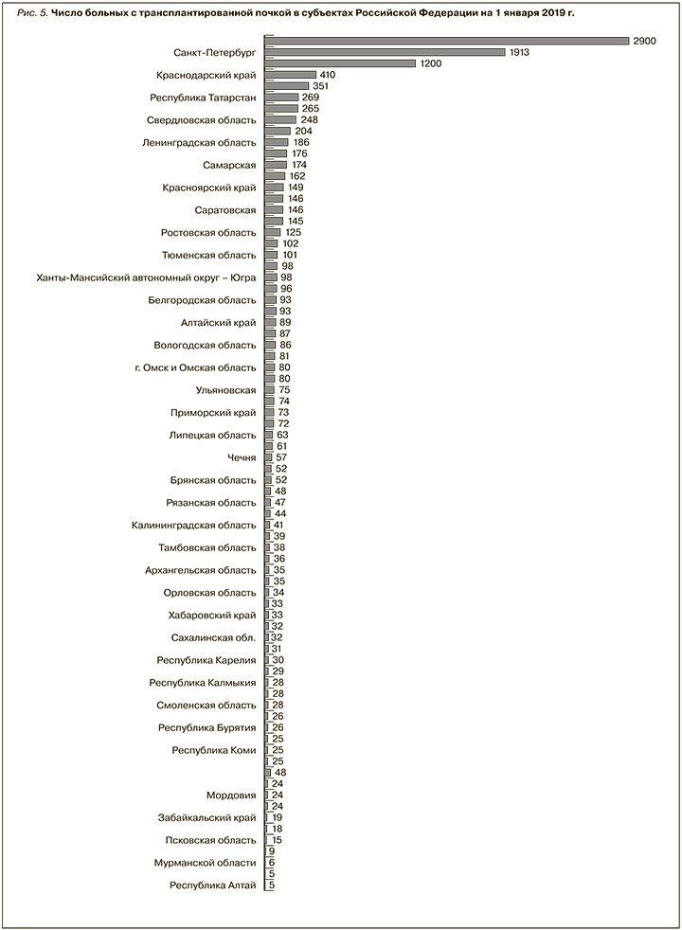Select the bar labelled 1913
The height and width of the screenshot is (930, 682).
point(385,52)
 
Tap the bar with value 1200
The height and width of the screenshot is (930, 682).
point(340,63)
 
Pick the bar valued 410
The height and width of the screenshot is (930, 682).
point(291,75)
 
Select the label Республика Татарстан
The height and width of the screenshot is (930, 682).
point(203,98)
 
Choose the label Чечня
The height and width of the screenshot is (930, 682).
point(242,457)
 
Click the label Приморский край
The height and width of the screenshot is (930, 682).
point(213,413)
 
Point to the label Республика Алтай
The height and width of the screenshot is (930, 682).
point(212,885)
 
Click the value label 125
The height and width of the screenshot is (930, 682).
point(294,232)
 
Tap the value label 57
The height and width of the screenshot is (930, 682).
point(281,457)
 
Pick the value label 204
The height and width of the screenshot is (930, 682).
point(303,131)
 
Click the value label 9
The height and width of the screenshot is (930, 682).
point(271,851)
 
